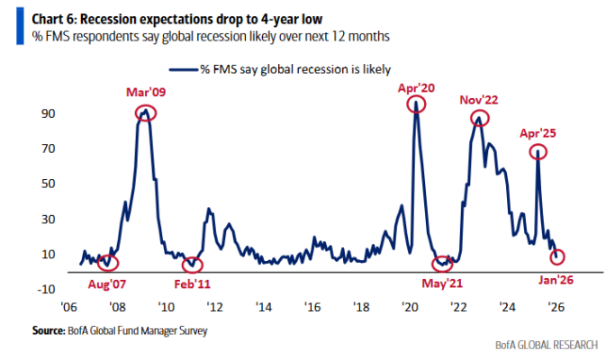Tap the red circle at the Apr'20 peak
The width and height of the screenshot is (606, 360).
point(416,104)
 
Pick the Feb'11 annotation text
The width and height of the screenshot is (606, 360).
point(194,283)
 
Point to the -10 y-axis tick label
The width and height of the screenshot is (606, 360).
point(45,289)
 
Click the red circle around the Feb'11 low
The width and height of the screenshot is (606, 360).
point(193,265)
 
